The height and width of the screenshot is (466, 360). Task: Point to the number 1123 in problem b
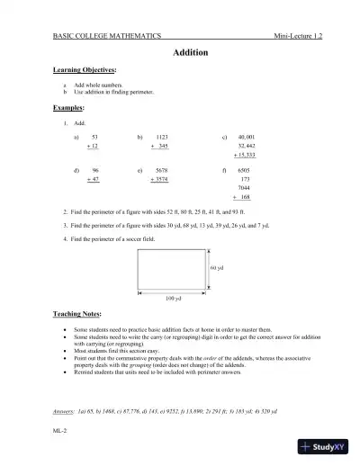[x=162, y=134]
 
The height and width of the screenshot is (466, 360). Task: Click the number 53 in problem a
[x=95, y=134]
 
